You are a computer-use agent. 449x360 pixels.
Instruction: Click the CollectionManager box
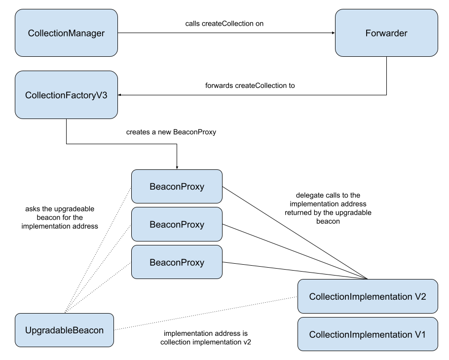tap(66, 34)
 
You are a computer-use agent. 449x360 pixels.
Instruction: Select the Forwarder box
tap(386, 34)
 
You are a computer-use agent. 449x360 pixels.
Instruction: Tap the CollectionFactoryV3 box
tap(66, 94)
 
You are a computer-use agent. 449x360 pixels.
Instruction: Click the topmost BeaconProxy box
tap(177, 187)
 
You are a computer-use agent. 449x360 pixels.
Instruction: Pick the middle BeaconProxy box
tap(177, 225)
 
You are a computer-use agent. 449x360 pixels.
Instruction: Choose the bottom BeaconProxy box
tap(177, 262)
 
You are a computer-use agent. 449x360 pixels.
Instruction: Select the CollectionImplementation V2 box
tap(368, 296)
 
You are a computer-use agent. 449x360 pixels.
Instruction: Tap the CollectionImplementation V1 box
tap(368, 334)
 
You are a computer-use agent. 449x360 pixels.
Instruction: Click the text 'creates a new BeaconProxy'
tap(171, 132)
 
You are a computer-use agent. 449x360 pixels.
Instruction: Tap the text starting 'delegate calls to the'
tap(328, 208)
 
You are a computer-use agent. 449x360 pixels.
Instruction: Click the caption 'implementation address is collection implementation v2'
tap(206, 338)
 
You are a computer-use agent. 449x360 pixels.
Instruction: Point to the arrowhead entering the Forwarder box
tap(333, 34)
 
